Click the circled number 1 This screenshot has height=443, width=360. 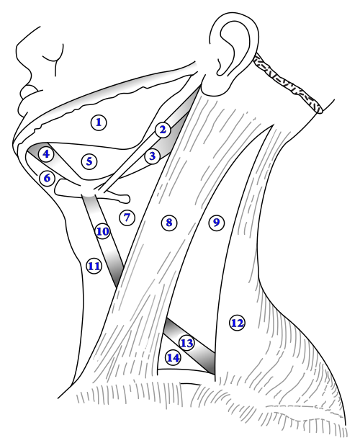tap(99, 122)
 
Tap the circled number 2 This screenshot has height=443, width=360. tap(163, 130)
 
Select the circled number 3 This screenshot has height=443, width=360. tap(152, 156)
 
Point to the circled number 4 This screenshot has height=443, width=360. tap(46, 154)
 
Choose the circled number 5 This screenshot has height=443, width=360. tap(89, 161)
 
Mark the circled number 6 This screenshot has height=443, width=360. tap(47, 179)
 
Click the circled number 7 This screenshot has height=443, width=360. tap(127, 218)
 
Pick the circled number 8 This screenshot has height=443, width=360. tap(169, 223)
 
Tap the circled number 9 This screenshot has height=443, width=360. tap(216, 223)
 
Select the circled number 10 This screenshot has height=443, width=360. tap(103, 232)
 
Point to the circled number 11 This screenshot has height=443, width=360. tap(94, 266)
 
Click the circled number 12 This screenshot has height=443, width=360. tap(237, 323)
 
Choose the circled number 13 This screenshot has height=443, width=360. tap(186, 344)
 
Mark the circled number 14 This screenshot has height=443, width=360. tap(173, 358)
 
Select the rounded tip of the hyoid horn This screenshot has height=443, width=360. tap(126, 199)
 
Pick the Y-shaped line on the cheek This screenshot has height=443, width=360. tap(55, 59)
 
